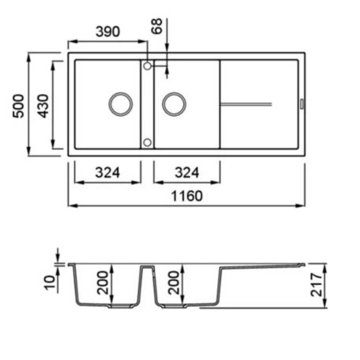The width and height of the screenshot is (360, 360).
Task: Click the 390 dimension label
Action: [107, 32]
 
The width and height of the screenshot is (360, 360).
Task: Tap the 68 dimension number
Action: [157, 26]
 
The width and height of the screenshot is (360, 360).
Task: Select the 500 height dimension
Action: [19, 106]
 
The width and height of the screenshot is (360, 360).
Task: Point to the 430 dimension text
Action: [43, 106]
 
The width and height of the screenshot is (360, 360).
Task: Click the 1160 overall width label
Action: [187, 196]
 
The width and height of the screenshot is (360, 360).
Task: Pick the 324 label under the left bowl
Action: [107, 173]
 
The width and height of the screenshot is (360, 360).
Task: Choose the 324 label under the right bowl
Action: [187, 173]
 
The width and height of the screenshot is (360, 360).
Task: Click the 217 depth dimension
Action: [317, 285]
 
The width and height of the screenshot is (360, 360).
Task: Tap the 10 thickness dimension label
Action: [50, 283]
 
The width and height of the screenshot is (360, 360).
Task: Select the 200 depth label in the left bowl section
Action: [103, 283]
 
